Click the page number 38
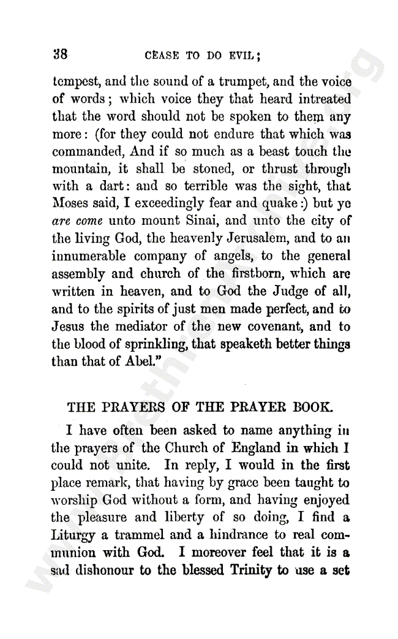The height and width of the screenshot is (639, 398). (x=60, y=53)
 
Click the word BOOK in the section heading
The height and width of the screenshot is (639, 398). (x=309, y=407)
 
